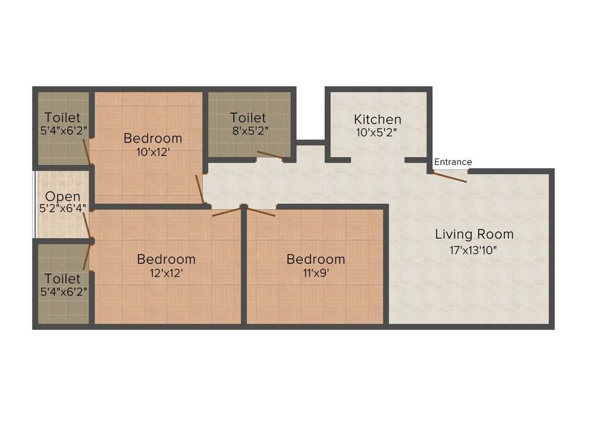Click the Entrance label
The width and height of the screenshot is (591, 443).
[452, 162]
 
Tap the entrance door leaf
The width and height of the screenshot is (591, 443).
[450, 177]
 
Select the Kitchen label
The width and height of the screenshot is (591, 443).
[377, 119]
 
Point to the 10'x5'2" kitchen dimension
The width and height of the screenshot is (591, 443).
[376, 133]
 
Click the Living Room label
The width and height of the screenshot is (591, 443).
[474, 234]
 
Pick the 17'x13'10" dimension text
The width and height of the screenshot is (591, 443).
[473, 250]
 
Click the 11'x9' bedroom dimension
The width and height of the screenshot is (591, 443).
[316, 273]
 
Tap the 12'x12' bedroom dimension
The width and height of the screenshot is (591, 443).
[166, 273]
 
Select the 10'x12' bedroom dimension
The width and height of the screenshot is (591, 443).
[153, 152]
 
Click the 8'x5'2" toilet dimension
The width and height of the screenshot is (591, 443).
[250, 131]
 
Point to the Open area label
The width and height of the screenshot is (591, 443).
[62, 197]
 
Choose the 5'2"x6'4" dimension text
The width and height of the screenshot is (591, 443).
[62, 208]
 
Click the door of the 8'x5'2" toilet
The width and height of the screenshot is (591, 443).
[270, 155]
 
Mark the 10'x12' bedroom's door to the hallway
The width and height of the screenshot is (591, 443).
[200, 189]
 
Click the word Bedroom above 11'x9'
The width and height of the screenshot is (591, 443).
[316, 259]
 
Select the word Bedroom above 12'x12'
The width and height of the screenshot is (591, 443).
[166, 259]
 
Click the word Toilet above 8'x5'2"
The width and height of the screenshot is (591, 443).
[248, 118]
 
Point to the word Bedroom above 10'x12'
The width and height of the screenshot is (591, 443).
[153, 138]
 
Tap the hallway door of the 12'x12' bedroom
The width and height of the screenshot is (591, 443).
[226, 212]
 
